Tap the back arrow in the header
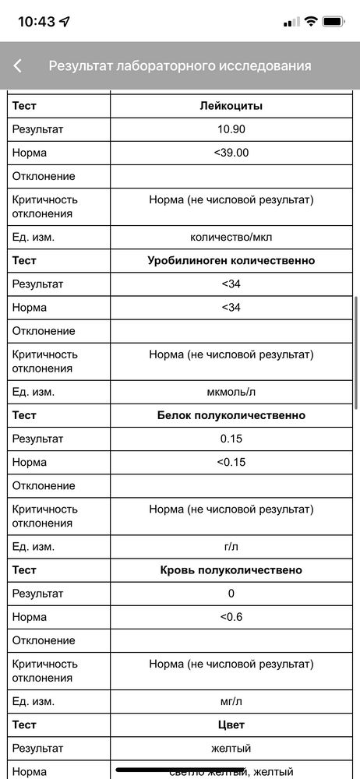pyautogui.click(x=17, y=66)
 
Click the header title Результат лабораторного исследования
pyautogui.click(x=180, y=66)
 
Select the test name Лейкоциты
pyautogui.click(x=231, y=105)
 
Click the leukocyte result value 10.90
pyautogui.click(x=231, y=129)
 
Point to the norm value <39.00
pyautogui.click(x=231, y=153)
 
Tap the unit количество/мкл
pyautogui.click(x=231, y=237)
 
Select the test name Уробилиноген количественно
pyautogui.click(x=231, y=260)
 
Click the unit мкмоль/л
pyautogui.click(x=231, y=392)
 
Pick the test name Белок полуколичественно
pyautogui.click(x=231, y=415)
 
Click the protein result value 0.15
pyautogui.click(x=231, y=439)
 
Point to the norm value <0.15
pyautogui.click(x=231, y=462)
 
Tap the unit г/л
pyautogui.click(x=231, y=547)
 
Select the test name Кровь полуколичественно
pyautogui.click(x=231, y=570)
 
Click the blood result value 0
pyautogui.click(x=231, y=594)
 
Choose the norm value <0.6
pyautogui.click(x=231, y=617)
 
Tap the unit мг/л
pyautogui.click(x=231, y=701)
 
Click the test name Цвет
pyautogui.click(x=231, y=724)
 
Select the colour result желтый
pyautogui.click(x=231, y=749)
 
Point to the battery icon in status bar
pyautogui.click(x=334, y=22)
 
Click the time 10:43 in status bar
pyautogui.click(x=37, y=22)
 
